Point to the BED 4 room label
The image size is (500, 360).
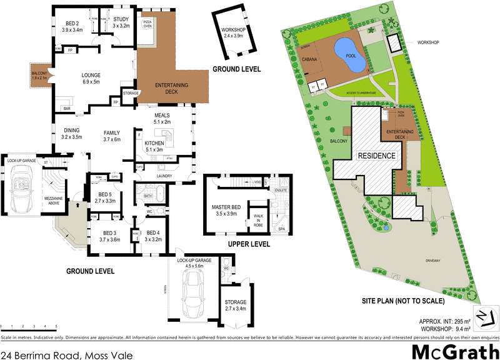(153, 235)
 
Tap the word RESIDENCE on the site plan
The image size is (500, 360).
(376, 155)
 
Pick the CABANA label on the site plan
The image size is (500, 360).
(310, 61)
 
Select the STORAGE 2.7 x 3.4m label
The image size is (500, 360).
(236, 305)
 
